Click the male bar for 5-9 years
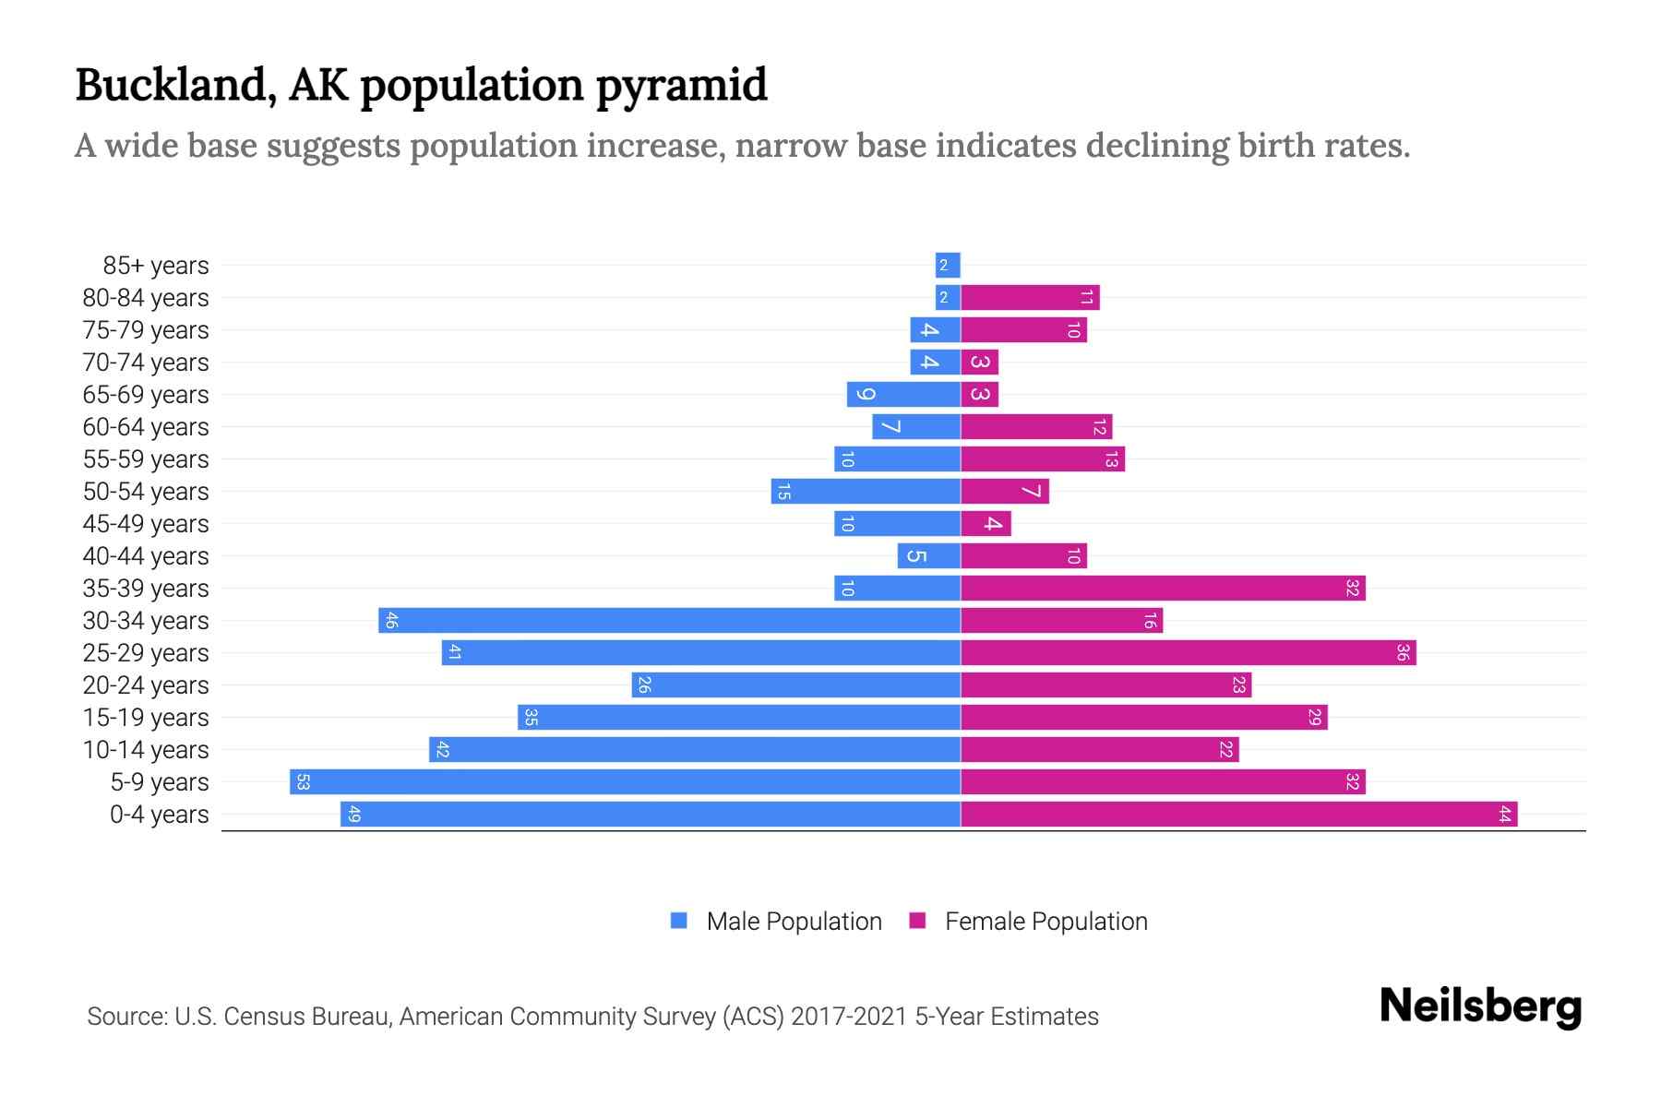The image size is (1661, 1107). (x=625, y=782)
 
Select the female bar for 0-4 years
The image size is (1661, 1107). (x=1238, y=815)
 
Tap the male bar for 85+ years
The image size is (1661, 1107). (x=948, y=266)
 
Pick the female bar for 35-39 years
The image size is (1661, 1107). (x=1163, y=589)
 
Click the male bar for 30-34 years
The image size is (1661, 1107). (x=669, y=621)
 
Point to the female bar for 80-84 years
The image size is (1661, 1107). (x=1030, y=298)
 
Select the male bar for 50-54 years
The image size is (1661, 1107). (x=866, y=492)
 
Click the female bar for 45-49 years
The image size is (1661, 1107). (x=986, y=524)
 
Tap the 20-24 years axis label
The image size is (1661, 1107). (x=146, y=685)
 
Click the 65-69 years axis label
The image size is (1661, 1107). (x=146, y=395)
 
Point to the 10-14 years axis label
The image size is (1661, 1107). (x=146, y=750)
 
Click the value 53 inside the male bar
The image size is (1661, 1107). (x=303, y=782)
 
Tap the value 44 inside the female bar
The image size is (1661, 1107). (x=1504, y=815)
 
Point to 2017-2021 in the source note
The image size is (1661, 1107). (x=849, y=1017)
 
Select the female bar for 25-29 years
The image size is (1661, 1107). (x=1189, y=653)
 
